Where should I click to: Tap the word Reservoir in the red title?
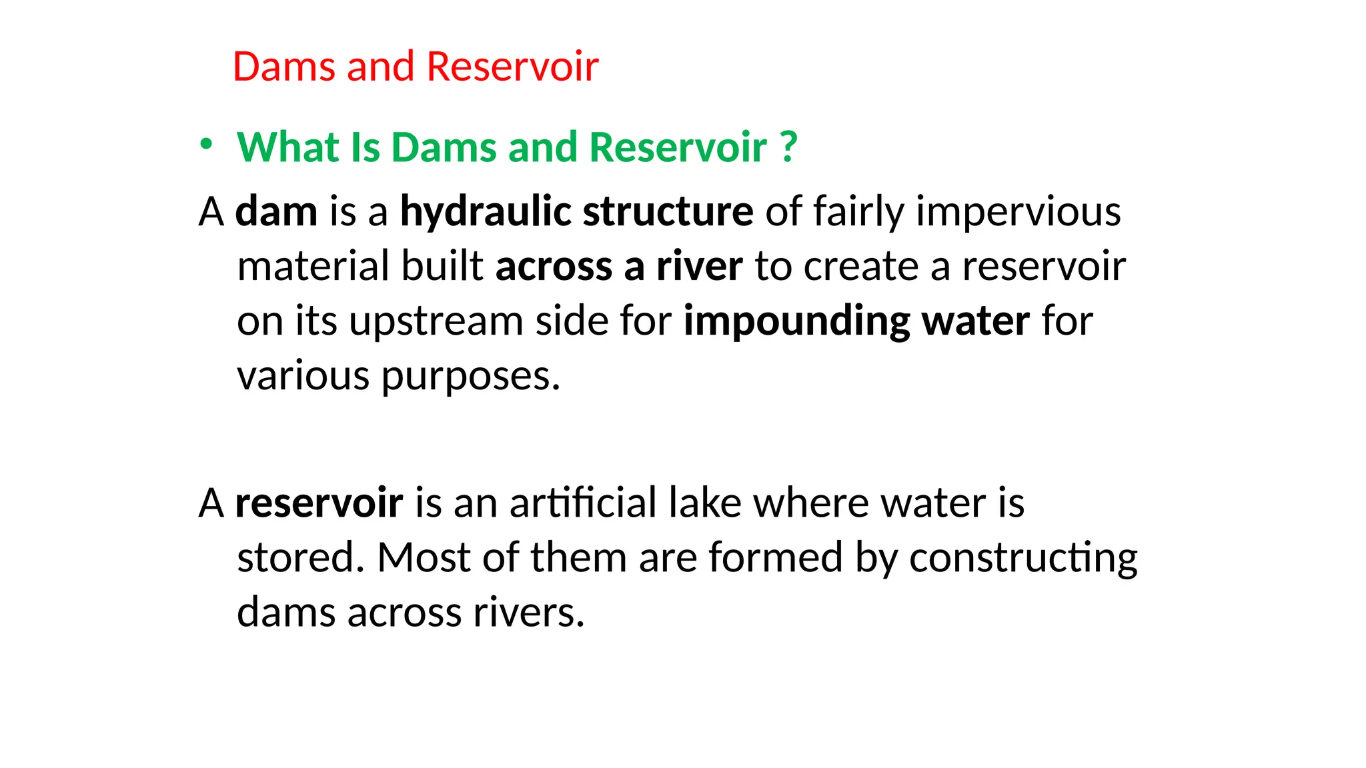(x=512, y=67)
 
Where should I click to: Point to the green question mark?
(x=788, y=147)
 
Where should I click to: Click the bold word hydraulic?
(x=486, y=212)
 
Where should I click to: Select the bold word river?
(x=699, y=267)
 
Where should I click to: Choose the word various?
(x=303, y=376)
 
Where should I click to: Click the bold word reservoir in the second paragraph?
(x=319, y=503)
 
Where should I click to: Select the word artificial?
(x=583, y=503)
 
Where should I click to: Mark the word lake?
(x=704, y=503)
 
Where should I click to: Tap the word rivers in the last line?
(x=528, y=612)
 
